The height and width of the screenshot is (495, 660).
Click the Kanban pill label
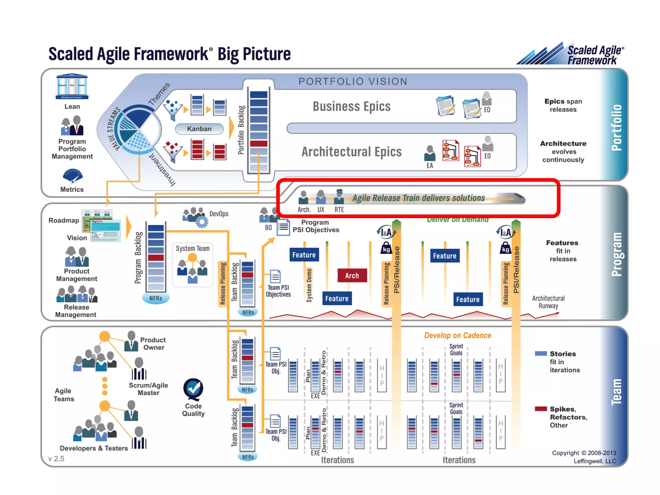pos(199,129)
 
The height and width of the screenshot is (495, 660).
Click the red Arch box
pos(352,276)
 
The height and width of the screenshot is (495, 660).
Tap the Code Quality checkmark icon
pos(193,389)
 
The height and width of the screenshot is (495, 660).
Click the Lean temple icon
pos(72,86)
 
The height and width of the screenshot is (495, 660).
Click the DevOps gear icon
pos(202,222)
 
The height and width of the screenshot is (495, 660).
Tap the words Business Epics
pos(352,107)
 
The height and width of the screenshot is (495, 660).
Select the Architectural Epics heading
pos(352,152)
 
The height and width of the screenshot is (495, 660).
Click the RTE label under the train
pos(339,210)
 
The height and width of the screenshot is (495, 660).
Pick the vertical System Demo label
pos(309,286)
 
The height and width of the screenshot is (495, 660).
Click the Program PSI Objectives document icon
pos(283,227)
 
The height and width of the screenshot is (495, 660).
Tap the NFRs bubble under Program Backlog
pos(156,298)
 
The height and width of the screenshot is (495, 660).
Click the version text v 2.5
pos(56,459)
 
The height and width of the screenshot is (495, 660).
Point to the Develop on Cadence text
pos(458,335)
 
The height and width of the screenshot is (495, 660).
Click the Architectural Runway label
pos(548,302)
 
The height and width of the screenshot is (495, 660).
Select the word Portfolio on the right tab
pos(616,127)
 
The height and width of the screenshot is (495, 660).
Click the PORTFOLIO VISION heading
pos(353,82)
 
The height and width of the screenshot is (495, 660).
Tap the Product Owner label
pos(153,344)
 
